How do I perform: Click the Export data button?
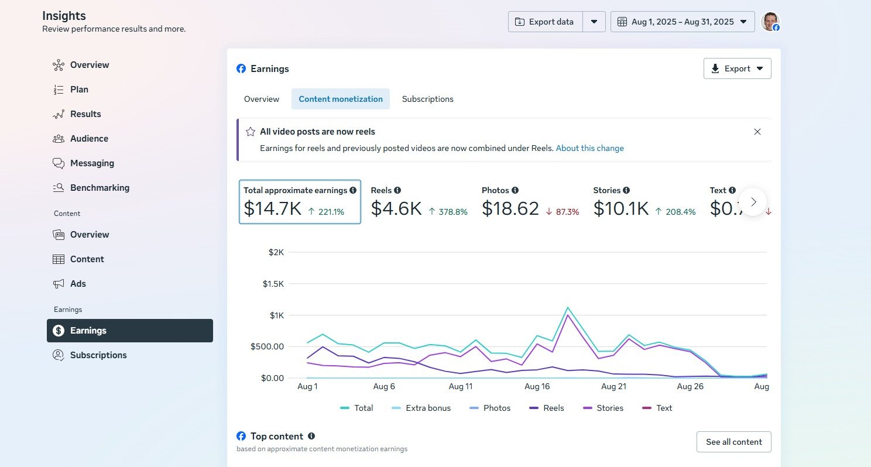pos(545,22)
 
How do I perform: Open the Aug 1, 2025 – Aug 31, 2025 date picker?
pos(683,22)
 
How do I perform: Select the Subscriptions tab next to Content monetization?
pos(427,99)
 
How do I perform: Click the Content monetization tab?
pos(341,99)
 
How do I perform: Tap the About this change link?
pos(589,148)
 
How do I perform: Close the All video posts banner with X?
pos(757,132)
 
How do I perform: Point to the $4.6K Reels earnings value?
pos(396,208)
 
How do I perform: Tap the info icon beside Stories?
pos(626,190)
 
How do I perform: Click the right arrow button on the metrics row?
pos(753,202)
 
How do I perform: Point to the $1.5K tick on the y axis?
pos(273,284)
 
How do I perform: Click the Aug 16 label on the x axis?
pos(537,386)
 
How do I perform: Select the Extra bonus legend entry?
pos(421,408)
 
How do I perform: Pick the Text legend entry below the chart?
pos(657,408)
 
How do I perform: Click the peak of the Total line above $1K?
pos(567,308)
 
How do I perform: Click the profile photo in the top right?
pos(770,22)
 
